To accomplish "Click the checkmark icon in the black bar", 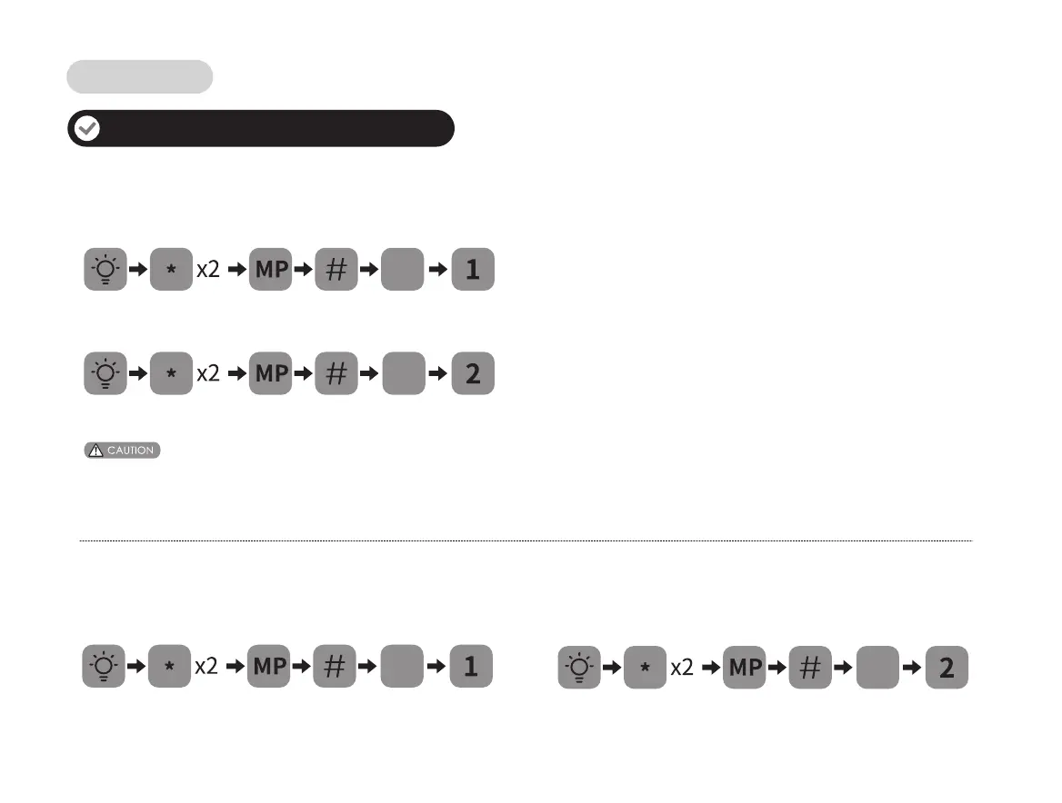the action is coord(87,129).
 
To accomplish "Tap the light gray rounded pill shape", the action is coord(139,77).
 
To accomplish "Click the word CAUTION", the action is coord(130,451).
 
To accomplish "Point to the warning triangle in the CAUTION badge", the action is coord(96,451).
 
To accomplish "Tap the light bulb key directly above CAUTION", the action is coord(105,373).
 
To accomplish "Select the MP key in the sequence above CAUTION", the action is coord(270,373).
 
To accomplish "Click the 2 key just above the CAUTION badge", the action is coord(473,373).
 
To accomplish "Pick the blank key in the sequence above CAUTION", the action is coord(404,373).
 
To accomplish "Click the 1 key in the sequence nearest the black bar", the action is coord(473,270).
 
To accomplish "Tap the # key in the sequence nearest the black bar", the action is coord(336,270).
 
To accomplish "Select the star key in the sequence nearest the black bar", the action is coord(170,270).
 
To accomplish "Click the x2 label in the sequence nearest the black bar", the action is coord(208,271).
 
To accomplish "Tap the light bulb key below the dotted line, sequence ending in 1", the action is coord(105,666).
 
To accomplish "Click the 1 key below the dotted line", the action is coord(471,666).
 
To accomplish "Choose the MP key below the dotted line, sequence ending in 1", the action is coord(269,666).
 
